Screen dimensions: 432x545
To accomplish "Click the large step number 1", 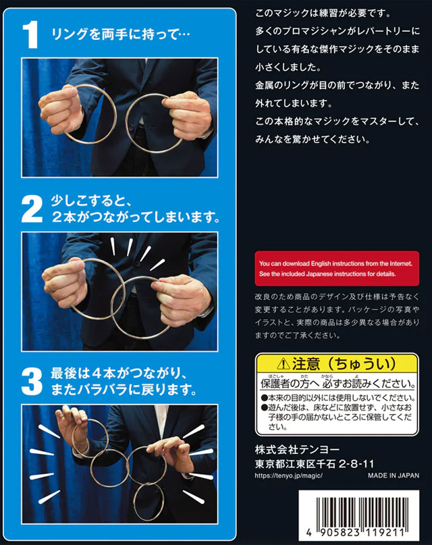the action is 30,34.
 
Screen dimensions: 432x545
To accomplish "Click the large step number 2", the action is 32,209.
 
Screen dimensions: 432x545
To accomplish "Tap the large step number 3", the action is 32,382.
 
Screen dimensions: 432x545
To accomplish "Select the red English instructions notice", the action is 337,268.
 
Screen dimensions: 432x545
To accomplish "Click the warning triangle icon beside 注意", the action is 283,364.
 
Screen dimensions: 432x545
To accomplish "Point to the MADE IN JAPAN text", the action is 394,475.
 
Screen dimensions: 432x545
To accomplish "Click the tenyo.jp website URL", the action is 289,475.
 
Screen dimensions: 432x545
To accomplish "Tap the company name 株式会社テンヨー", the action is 297,450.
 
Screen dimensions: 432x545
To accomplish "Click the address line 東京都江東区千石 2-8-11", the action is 315,464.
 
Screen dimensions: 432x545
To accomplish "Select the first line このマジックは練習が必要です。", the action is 323,14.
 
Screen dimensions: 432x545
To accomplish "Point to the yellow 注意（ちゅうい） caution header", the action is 337,364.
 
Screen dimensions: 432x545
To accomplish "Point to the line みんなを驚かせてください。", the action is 313,139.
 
